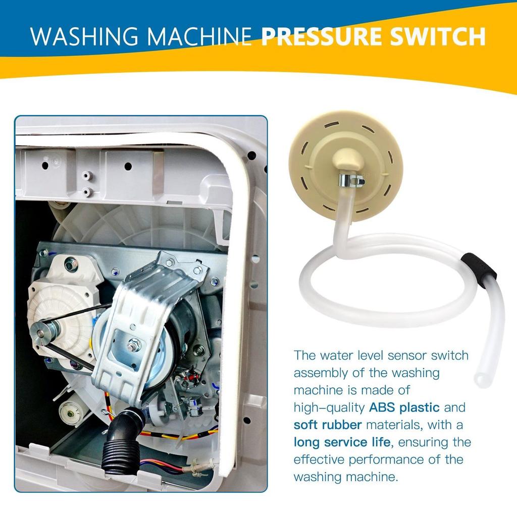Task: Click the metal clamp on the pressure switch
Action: [x=351, y=180]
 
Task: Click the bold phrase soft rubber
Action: [x=328, y=425]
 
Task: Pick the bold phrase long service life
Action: [x=342, y=442]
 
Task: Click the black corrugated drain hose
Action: [x=118, y=444]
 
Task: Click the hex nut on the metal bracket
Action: [x=134, y=346]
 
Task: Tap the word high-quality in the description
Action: [x=328, y=407]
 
